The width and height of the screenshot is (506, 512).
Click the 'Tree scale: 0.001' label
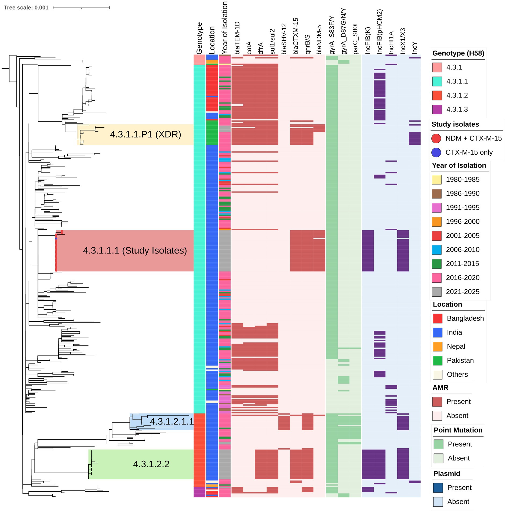26,8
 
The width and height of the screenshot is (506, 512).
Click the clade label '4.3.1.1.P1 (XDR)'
145,134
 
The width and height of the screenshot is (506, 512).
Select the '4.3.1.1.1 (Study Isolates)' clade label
135,250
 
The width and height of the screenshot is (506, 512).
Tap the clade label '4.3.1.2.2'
151,464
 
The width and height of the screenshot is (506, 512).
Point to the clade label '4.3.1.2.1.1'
172,422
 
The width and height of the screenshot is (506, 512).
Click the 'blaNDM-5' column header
319,40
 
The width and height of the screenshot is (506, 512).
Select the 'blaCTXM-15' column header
296,36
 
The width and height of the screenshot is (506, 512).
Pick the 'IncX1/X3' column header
403,41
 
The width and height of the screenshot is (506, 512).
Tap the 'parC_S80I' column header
355,38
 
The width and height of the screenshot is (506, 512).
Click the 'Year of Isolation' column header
225,27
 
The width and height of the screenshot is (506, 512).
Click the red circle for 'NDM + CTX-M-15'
436,138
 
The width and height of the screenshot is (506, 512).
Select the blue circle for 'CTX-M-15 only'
436,152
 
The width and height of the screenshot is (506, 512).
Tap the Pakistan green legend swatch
438,360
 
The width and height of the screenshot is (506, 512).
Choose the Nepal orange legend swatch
438,346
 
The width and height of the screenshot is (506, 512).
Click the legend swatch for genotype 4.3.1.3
437,109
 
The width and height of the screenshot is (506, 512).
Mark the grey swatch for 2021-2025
437,292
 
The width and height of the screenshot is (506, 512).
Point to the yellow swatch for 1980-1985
437,179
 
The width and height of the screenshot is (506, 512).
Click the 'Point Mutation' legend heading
458,430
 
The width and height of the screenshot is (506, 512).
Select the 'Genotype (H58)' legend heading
458,53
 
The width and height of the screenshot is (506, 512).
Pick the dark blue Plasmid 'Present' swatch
438,488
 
